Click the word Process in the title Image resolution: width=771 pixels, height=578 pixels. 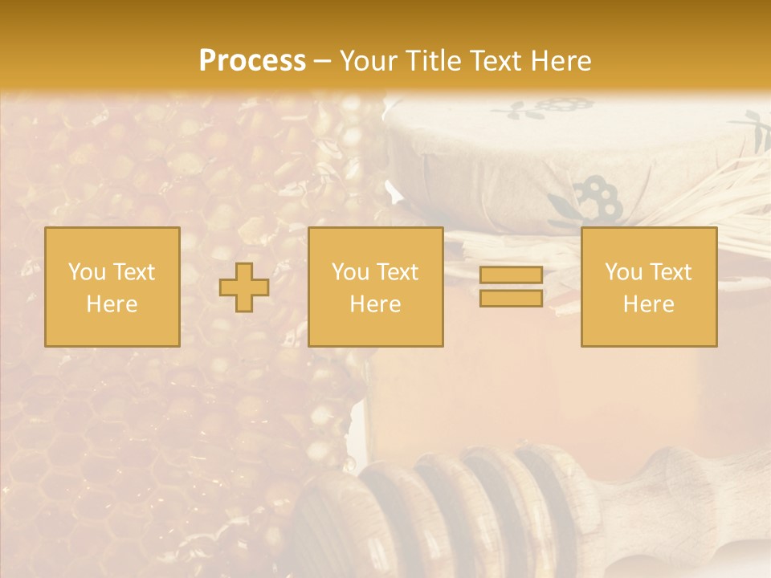(x=252, y=61)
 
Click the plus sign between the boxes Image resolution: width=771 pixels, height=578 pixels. (x=244, y=287)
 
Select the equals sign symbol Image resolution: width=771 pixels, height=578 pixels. (x=511, y=287)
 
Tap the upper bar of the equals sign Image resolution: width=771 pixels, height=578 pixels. (x=511, y=276)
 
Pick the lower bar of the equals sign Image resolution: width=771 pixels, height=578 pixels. (x=511, y=299)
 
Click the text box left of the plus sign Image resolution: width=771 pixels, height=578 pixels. (x=112, y=287)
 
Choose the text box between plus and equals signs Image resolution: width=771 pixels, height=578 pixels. (x=376, y=287)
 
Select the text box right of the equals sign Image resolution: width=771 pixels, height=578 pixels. (x=649, y=287)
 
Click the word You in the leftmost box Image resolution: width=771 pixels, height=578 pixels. (x=86, y=272)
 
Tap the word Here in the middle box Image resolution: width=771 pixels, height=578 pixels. (x=376, y=304)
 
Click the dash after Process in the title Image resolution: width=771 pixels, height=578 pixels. (x=322, y=62)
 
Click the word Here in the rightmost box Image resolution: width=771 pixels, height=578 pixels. (x=649, y=304)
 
